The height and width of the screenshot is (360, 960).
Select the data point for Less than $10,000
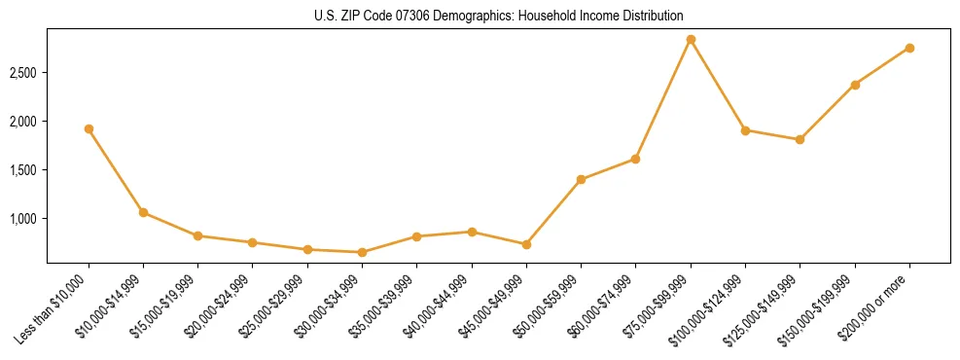tap(89, 128)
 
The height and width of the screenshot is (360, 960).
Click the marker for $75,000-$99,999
tap(691, 40)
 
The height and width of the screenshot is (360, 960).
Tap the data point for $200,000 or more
tap(909, 48)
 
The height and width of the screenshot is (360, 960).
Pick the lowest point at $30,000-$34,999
tap(362, 252)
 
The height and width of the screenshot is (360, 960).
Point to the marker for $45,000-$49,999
tap(526, 244)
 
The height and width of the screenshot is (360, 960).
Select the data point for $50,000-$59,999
tap(581, 179)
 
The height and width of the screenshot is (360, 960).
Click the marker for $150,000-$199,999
tap(855, 85)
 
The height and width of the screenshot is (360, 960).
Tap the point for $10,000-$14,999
tap(143, 212)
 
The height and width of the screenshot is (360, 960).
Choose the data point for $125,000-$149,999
tap(800, 139)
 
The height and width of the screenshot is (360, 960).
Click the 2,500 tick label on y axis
tap(22, 73)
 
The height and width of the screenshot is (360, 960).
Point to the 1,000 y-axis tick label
tap(22, 219)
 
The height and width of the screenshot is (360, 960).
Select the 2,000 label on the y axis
tap(22, 122)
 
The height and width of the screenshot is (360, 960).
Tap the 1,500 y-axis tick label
tap(22, 170)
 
